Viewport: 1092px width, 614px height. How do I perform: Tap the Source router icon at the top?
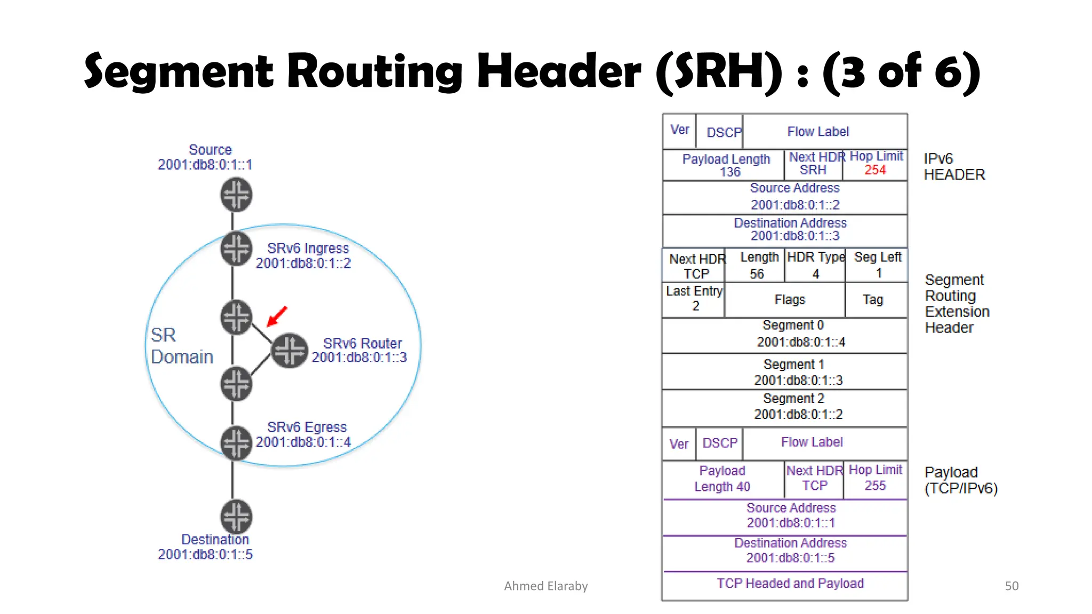pos(236,195)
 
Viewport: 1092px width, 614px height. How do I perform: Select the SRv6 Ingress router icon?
pos(236,248)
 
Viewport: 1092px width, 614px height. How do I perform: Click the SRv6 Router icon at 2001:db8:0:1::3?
pos(290,351)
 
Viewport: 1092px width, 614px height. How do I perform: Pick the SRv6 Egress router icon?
pos(236,443)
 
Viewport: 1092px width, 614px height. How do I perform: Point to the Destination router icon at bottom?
pos(236,516)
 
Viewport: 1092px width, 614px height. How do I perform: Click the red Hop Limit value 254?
pos(875,170)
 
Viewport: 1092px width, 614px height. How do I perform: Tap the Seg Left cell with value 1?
pos(877,265)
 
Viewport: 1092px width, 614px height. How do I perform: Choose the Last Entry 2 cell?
pos(694,299)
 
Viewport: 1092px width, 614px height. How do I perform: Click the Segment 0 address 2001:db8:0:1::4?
pos(800,342)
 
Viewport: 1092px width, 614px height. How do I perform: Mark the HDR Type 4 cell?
pos(815,265)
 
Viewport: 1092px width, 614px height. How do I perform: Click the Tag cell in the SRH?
pos(873,300)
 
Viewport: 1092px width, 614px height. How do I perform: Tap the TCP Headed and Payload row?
pos(790,584)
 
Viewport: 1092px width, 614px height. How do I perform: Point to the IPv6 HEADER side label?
pos(953,167)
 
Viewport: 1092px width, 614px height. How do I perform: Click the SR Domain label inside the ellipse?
pos(181,345)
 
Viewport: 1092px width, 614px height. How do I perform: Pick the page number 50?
pos(1011,586)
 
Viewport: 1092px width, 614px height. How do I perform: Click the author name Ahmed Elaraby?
pos(545,586)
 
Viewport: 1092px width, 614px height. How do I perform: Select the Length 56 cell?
pos(758,265)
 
